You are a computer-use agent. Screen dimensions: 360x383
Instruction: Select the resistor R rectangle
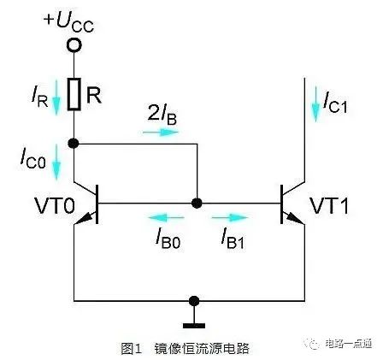pos(74,95)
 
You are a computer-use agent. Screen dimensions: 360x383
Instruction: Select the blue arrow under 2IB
pos(157,133)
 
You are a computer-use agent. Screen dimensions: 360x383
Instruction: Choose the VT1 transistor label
pos(329,206)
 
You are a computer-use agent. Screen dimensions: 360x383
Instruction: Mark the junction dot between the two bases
pos(197,204)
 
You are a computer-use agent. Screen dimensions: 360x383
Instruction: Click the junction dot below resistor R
pos(74,143)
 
